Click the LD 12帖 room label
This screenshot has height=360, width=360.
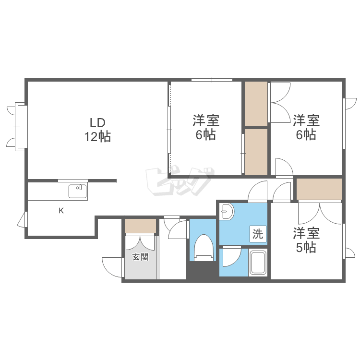(x=98, y=129)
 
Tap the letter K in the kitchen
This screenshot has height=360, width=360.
(x=61, y=211)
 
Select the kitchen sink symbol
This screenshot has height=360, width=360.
(x=78, y=191)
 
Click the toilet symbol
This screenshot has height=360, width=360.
(x=204, y=248)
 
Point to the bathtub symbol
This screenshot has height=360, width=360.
(x=258, y=263)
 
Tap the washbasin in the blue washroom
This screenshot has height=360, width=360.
(x=227, y=212)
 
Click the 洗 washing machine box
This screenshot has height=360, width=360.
(x=258, y=234)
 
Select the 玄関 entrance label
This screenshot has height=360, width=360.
(x=140, y=257)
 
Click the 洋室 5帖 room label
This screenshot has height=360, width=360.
(x=306, y=240)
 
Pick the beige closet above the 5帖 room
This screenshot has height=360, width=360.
(x=319, y=189)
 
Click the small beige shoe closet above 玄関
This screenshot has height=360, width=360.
(x=140, y=226)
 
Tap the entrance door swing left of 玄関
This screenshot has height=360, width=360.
(x=111, y=267)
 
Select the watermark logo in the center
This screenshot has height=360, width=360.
(x=180, y=182)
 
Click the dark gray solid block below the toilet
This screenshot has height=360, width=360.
(x=202, y=271)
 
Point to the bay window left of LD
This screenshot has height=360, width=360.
(x=17, y=127)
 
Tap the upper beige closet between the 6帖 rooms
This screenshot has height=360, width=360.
(x=256, y=104)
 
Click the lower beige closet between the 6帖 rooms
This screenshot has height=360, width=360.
(x=256, y=152)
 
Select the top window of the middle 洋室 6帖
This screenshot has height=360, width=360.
(x=212, y=80)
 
